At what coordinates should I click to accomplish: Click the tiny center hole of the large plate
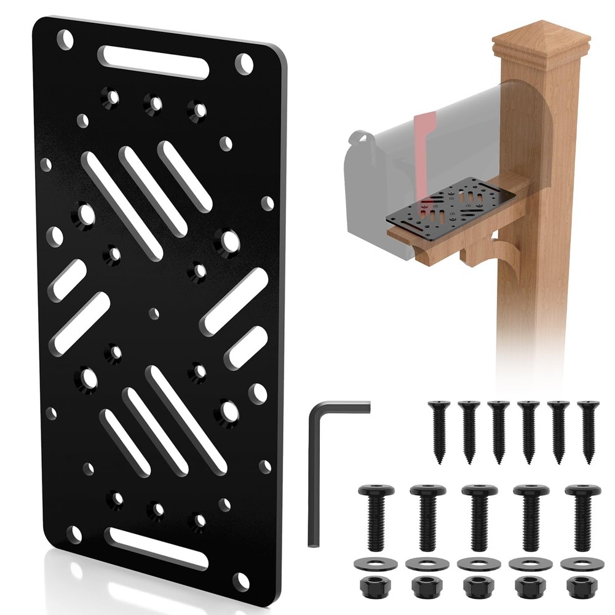(x=153, y=312)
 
